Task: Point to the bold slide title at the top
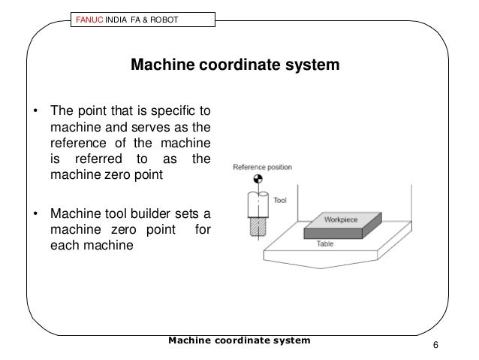pyautogui.click(x=236, y=65)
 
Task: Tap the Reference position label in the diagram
pyautogui.click(x=263, y=167)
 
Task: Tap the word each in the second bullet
pyautogui.click(x=64, y=244)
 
